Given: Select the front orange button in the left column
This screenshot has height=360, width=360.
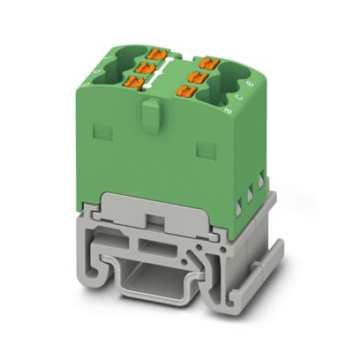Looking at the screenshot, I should coord(134,81).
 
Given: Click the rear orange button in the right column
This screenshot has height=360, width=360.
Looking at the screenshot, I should coord(208,62).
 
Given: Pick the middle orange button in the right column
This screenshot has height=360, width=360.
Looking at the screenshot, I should coord(200,76).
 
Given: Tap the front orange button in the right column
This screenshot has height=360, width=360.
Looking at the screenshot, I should coord(191,92).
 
